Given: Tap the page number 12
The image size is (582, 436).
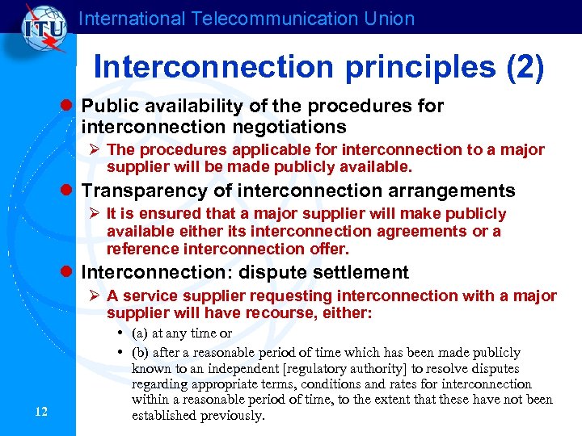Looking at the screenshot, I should point(42,413).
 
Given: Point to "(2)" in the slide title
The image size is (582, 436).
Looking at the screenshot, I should point(525,67).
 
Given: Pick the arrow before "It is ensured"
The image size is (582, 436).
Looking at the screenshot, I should point(95,214).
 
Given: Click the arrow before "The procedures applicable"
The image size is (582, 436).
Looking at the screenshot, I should point(95,150).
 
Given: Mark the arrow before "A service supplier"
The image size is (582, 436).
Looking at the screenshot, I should point(95,296).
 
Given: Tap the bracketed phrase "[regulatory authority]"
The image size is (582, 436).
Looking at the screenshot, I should point(318,368).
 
